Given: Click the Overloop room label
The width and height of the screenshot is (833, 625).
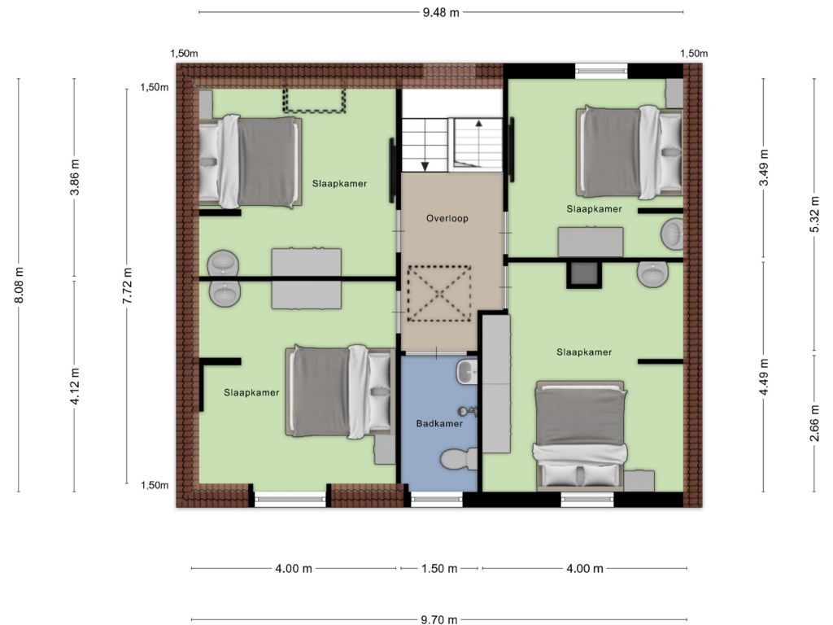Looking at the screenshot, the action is click(x=447, y=218).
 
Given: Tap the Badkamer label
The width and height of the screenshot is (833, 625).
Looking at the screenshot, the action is click(x=439, y=423).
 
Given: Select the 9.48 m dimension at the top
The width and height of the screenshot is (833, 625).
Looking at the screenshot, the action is click(x=441, y=12).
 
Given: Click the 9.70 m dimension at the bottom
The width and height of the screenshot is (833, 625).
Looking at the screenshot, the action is click(x=439, y=619).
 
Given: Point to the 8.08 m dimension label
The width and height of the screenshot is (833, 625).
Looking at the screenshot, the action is click(x=20, y=286).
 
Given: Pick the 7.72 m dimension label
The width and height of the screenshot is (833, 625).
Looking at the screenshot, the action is click(x=127, y=286).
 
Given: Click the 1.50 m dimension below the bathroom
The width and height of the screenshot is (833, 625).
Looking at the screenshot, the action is click(x=439, y=569).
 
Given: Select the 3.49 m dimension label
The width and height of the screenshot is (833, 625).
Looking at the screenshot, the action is click(x=764, y=168).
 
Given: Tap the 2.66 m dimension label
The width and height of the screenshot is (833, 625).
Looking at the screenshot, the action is click(x=814, y=423).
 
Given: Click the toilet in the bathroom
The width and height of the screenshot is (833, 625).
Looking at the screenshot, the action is click(x=459, y=459).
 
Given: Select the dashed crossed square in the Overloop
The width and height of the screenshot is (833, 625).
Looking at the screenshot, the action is click(x=438, y=293).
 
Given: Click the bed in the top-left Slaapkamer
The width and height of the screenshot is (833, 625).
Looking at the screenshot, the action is click(x=251, y=161).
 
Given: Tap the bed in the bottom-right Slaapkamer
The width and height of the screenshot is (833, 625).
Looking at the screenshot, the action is click(x=579, y=435).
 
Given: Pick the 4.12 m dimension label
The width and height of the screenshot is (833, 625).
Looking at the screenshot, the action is click(x=75, y=387).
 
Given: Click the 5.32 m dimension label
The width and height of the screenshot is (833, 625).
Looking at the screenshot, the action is click(x=814, y=214).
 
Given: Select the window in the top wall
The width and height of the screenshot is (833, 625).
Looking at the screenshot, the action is click(x=601, y=71).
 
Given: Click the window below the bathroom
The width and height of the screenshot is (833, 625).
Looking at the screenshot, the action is click(x=437, y=499).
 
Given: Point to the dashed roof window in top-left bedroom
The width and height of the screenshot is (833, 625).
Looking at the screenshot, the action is click(x=314, y=100).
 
